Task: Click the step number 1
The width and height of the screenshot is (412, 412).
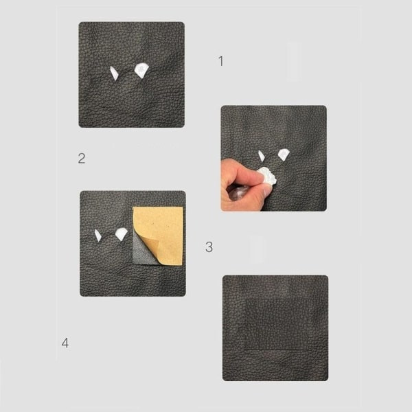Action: pos(221,61)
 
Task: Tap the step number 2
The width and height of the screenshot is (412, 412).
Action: pos(82,159)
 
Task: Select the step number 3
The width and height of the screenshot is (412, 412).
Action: pos(209,247)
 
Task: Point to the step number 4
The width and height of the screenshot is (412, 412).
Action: pos(65,343)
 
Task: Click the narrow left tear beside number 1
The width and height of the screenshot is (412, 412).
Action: pos(114,73)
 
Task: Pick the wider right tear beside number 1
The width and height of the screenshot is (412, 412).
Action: pos(141,71)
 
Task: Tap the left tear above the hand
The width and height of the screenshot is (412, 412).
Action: pos(262,156)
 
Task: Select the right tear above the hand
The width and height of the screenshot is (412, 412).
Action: pos(284,154)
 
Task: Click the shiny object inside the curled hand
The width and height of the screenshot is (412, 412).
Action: pos(238,192)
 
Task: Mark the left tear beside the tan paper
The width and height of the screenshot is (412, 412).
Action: pos(98,235)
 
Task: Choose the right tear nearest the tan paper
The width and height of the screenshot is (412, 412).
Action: pos(121,234)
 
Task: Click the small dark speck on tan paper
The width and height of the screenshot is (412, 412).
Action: pos(152,225)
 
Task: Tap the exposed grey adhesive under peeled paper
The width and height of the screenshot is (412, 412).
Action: pos(144,252)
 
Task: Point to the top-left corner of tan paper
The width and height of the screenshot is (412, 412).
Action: pos(133,207)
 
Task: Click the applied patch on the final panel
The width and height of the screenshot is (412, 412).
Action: pos(277,324)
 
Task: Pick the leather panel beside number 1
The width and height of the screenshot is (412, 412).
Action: pos(132,75)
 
